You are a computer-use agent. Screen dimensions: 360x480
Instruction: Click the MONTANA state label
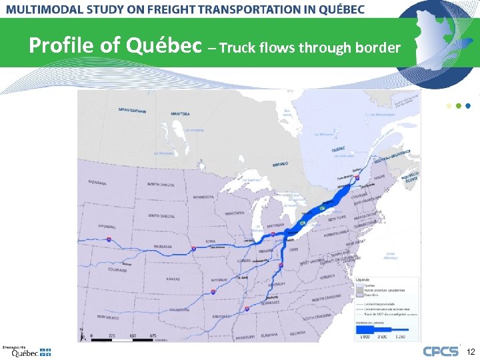point(97,183)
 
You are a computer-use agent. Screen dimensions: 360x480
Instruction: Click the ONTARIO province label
point(281,164)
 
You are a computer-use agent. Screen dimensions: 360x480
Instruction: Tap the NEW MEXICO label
point(109,317)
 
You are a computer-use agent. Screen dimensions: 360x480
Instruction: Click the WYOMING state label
point(107,227)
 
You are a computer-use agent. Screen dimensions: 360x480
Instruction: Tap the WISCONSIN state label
point(235,213)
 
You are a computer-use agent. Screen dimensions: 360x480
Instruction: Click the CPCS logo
point(441,351)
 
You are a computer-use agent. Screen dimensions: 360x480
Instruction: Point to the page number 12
point(470,351)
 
